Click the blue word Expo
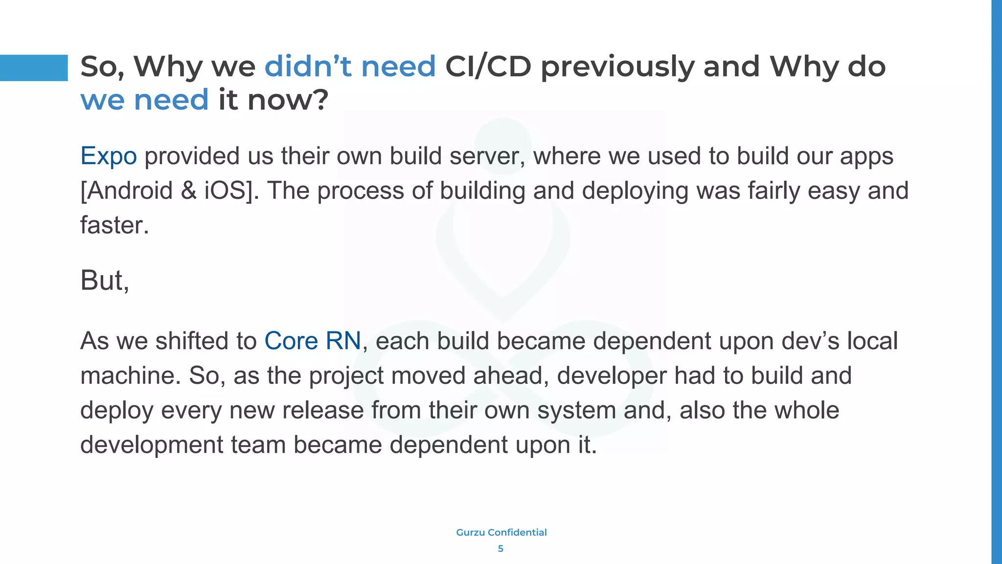[108, 156]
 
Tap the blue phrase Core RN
[312, 341]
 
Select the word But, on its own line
[105, 281]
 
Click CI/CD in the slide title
[488, 66]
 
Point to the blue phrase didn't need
[350, 66]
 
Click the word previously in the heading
[617, 67]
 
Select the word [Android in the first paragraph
[126, 191]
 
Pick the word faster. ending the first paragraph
[114, 226]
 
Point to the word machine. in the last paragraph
[131, 376]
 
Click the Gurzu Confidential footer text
[501, 532]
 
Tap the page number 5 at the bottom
[501, 549]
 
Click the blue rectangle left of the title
[34, 68]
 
